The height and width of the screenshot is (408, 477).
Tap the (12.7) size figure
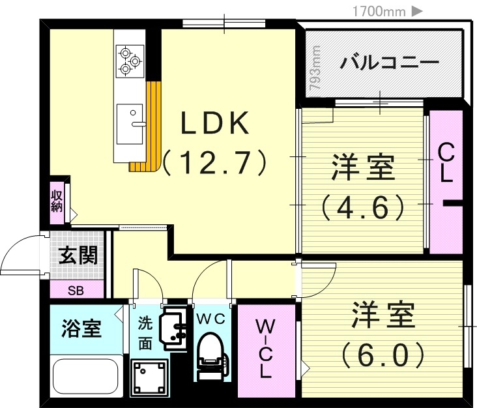(x=214, y=162)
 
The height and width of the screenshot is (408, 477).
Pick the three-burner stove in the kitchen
(x=130, y=60)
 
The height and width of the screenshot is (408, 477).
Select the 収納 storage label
(x=57, y=201)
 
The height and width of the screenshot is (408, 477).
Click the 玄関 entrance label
(x=78, y=255)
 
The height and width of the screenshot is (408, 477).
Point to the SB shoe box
(x=76, y=290)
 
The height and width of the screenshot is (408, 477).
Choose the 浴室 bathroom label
(x=81, y=328)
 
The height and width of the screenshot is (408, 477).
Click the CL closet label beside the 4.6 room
(x=446, y=164)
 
